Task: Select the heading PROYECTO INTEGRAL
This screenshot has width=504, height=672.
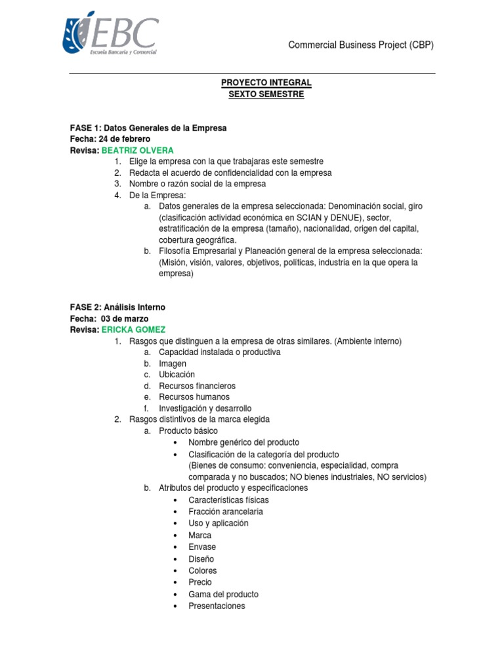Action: point(266,83)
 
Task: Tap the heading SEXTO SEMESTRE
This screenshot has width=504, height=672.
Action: point(266,94)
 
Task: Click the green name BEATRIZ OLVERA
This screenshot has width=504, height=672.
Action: point(137,150)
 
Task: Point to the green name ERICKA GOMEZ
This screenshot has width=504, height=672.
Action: point(133,329)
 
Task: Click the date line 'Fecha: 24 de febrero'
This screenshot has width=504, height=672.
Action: point(110,139)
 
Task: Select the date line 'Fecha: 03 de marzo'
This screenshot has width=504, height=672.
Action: point(109,318)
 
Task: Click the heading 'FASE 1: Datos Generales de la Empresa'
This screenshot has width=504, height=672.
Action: point(148,128)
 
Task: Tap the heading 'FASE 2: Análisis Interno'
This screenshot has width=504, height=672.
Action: point(117,307)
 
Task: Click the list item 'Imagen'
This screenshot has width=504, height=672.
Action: point(173,364)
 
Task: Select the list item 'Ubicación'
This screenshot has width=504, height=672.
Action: point(177,375)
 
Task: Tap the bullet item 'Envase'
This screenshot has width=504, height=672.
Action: point(202,547)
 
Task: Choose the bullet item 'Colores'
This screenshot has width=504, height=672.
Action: point(202,570)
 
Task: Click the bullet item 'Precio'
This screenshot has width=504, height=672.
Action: point(200,582)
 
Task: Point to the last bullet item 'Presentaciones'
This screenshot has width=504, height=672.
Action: point(217,606)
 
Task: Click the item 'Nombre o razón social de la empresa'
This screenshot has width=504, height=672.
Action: point(197,184)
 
